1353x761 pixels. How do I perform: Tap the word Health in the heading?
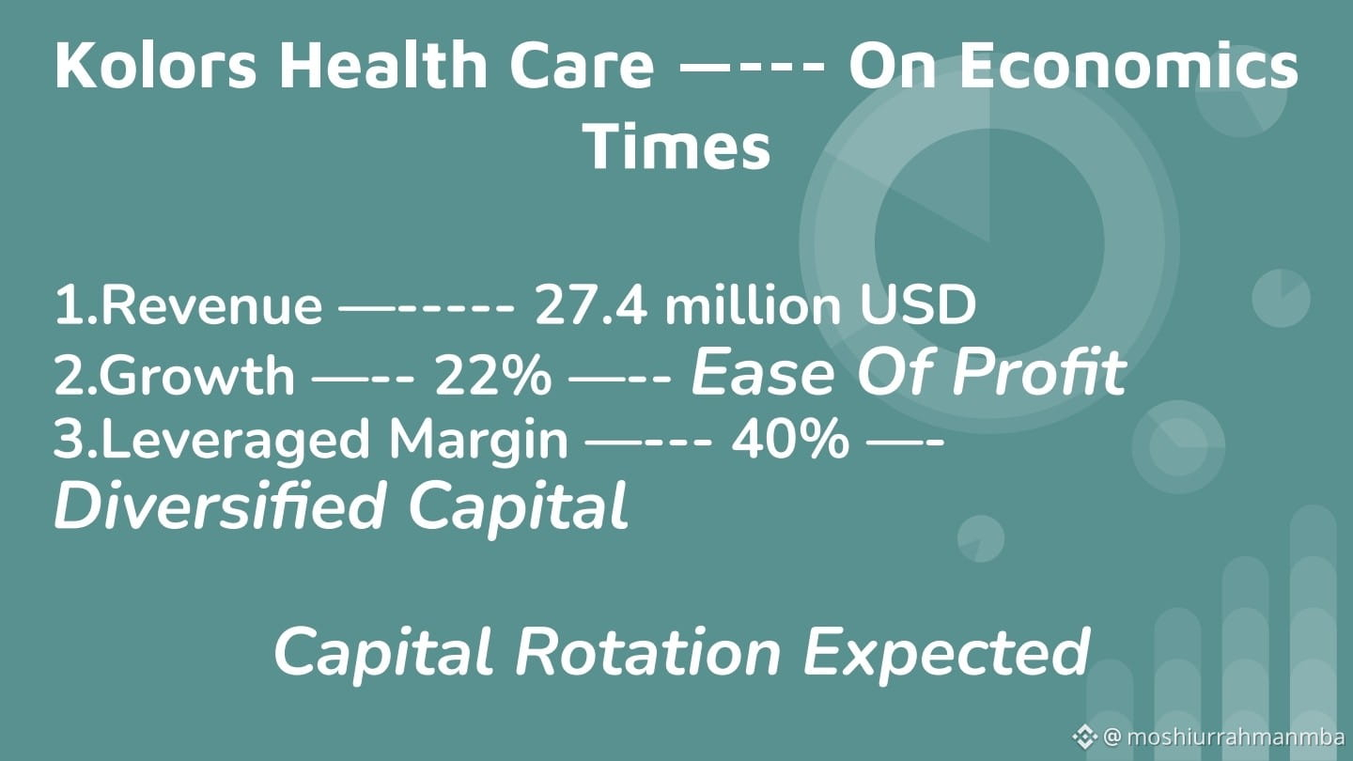(383, 65)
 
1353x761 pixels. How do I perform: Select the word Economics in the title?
(1129, 65)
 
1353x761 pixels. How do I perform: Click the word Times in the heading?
(676, 147)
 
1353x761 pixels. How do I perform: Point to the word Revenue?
(211, 305)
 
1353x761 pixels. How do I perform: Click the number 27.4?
(591, 305)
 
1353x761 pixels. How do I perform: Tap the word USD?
(917, 305)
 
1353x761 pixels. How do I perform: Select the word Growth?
(197, 375)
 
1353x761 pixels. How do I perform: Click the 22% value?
(493, 375)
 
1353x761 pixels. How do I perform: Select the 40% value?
(790, 440)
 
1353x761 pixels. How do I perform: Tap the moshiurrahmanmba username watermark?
(1227, 738)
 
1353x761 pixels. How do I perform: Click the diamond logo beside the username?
(1085, 737)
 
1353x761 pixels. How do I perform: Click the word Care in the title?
(582, 65)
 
